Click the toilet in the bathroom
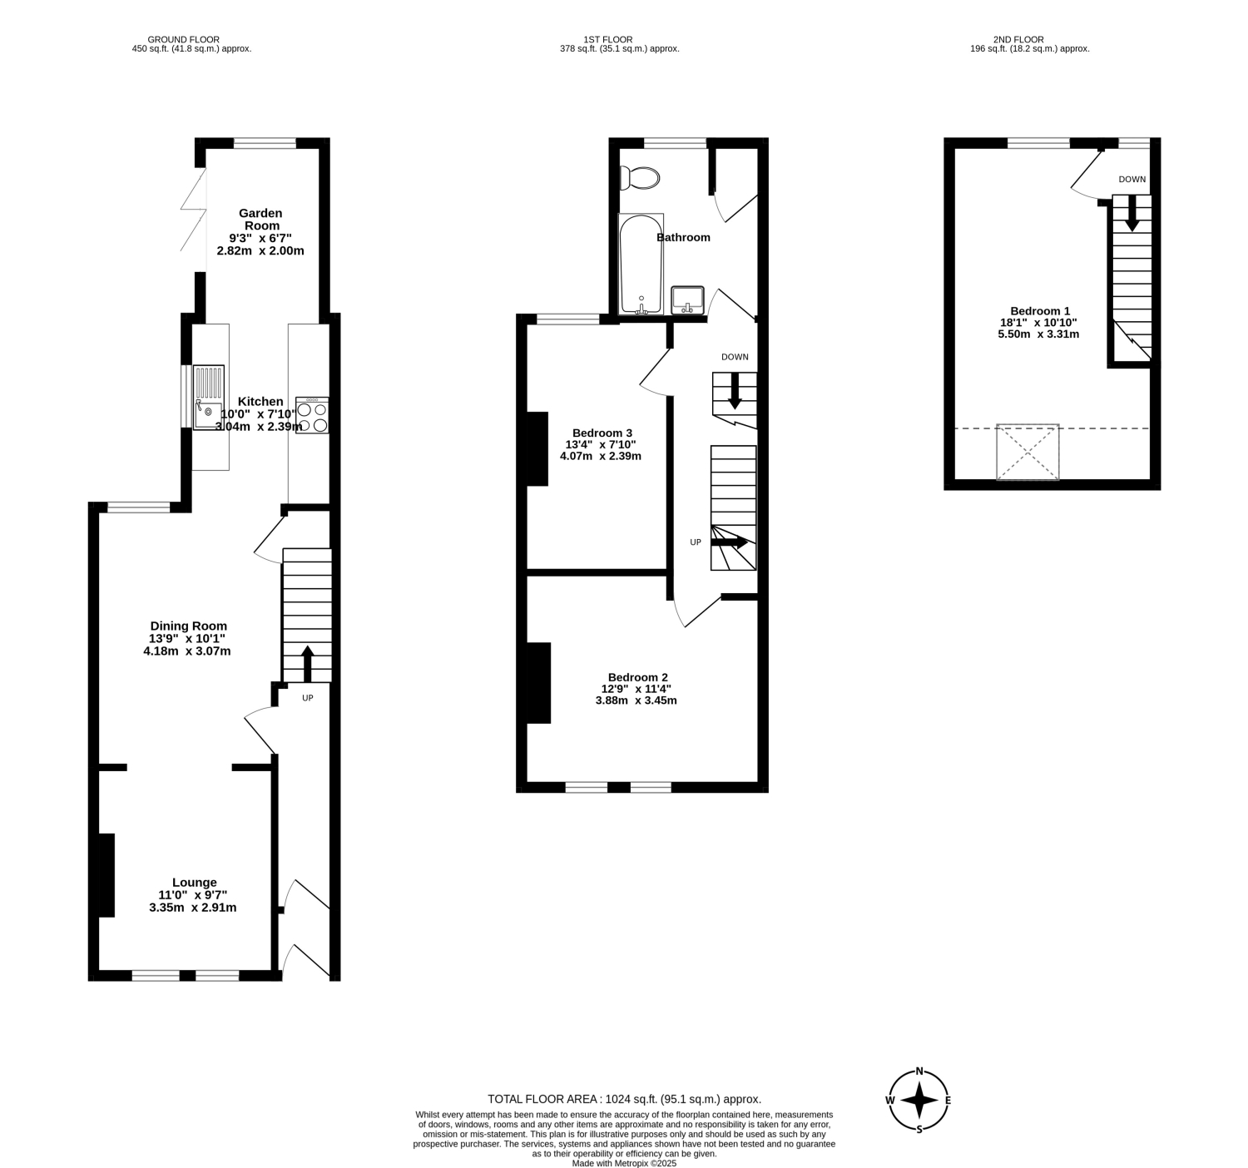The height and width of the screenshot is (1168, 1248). click(x=639, y=178)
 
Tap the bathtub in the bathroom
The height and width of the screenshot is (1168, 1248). click(x=641, y=264)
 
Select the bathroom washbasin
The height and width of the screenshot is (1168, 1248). click(x=687, y=300)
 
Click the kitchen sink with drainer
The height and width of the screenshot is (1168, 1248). click(x=208, y=398)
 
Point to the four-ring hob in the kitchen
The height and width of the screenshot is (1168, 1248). click(x=312, y=415)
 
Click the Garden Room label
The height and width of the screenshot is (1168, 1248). click(x=260, y=220)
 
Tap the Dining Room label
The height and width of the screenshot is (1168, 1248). click(x=189, y=626)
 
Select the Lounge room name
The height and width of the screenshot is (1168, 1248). click(x=194, y=883)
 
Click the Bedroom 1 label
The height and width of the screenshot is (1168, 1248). click(x=1039, y=310)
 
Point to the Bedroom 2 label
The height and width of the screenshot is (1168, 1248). click(x=637, y=677)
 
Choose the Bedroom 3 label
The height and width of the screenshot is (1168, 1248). click(x=602, y=433)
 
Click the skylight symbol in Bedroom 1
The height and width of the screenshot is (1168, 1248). click(x=1028, y=452)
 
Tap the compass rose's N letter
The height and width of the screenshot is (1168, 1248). click(x=919, y=1071)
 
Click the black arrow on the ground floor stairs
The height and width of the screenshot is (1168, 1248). click(x=307, y=664)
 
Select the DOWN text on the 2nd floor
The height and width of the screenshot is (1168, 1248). click(x=1132, y=179)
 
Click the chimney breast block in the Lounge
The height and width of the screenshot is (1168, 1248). click(x=106, y=875)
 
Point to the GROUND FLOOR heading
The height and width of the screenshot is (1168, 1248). click(x=184, y=40)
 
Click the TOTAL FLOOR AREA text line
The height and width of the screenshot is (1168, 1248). click(x=624, y=1100)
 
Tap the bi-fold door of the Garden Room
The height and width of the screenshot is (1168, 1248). click(x=194, y=210)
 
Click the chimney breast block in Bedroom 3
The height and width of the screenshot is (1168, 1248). click(x=537, y=449)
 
